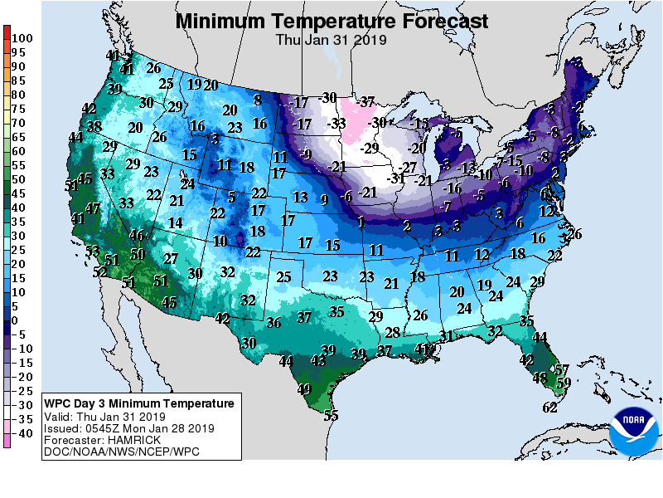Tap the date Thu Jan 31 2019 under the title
point(331,38)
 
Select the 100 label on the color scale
point(22,38)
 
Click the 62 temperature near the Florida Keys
point(549,407)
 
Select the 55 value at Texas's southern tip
point(331,416)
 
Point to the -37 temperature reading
point(366,102)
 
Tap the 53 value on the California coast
point(92,251)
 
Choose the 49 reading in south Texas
point(304,389)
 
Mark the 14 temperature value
point(175,222)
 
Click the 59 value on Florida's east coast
point(564,382)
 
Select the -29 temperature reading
point(369,148)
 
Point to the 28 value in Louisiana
point(393,333)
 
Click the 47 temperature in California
point(93,208)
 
